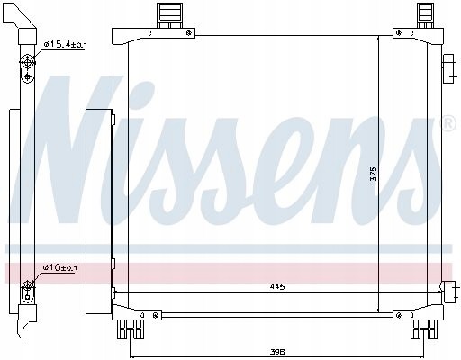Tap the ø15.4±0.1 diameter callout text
pyautogui.click(x=65, y=42)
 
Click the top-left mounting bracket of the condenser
pyautogui.click(x=167, y=17)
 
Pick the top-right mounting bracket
pyautogui.click(x=424, y=17)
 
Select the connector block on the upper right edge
pyautogui.click(x=448, y=68)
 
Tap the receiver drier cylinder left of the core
pyautogui.click(x=102, y=212)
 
